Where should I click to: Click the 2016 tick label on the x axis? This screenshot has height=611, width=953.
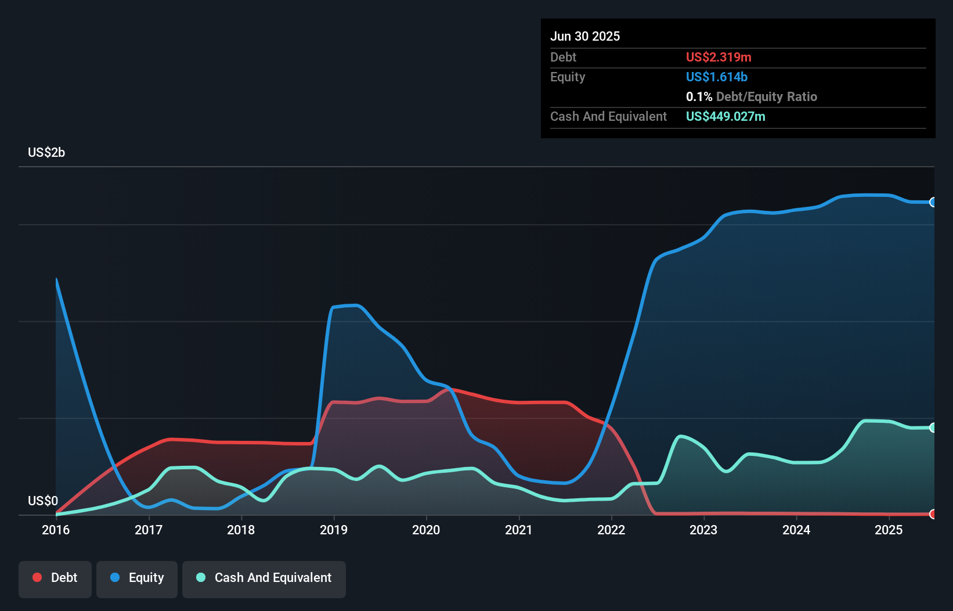tap(56, 530)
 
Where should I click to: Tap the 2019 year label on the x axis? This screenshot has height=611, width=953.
tap(334, 530)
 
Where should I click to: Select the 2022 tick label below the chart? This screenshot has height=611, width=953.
tap(611, 530)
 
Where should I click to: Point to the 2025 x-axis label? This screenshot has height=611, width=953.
tap(889, 530)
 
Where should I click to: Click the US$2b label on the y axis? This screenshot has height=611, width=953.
tap(46, 153)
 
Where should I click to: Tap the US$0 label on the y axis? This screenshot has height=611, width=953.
tap(43, 501)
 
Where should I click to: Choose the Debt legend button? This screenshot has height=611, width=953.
tap(55, 578)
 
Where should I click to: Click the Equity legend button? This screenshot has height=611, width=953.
tap(137, 578)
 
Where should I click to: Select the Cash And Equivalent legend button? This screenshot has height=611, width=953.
tap(264, 578)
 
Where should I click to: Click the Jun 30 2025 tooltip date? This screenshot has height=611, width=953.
tap(585, 36)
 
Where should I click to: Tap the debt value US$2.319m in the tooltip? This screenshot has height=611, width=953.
tap(719, 57)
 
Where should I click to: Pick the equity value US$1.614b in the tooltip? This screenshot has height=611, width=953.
tap(717, 77)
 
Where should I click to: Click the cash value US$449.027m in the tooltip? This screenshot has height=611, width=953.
tap(725, 116)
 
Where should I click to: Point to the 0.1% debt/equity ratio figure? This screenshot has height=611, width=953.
tap(699, 96)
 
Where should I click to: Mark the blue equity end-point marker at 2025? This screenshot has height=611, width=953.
tap(933, 202)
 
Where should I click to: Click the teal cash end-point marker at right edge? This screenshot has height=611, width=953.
tap(933, 427)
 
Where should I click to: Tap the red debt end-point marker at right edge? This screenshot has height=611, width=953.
tap(933, 514)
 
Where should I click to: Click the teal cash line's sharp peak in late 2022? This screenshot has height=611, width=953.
tap(681, 436)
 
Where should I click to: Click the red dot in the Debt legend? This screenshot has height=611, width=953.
tap(37, 577)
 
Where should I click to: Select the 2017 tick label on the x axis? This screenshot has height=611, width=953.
tap(149, 530)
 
